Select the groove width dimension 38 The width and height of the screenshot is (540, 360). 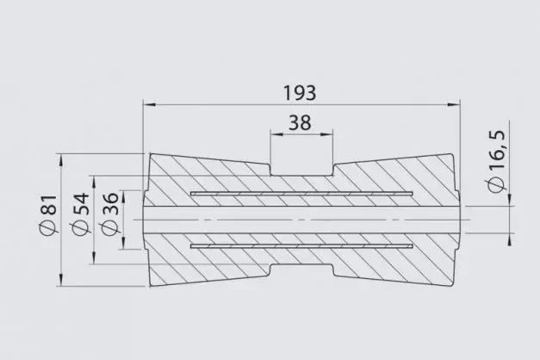300,123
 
